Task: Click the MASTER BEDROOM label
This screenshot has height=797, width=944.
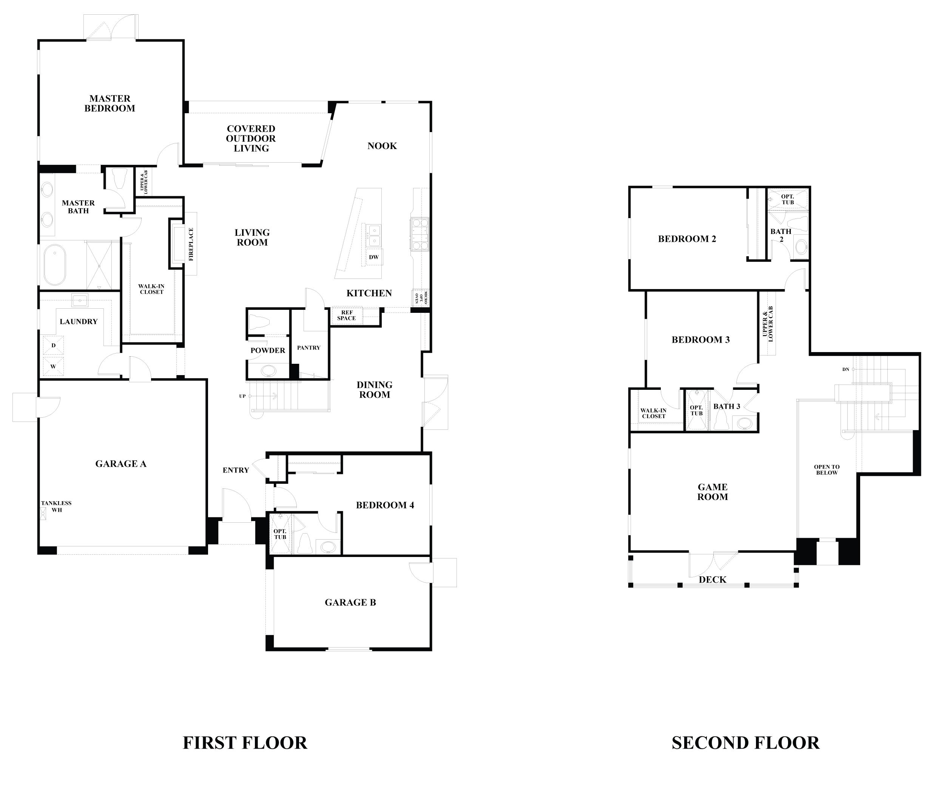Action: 110,103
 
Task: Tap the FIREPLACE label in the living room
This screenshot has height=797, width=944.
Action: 191,244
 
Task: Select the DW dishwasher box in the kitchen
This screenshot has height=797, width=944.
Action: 374,257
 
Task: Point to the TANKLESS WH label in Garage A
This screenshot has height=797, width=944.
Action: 56,506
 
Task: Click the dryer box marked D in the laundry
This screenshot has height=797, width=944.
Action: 53,346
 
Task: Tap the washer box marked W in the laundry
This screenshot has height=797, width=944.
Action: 53,366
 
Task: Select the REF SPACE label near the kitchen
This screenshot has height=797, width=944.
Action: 346,315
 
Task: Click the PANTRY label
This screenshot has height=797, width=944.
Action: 308,348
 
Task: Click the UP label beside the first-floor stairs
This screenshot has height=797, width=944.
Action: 242,396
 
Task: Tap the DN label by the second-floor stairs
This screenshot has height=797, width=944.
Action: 845,369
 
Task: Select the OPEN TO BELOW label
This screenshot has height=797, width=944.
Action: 827,470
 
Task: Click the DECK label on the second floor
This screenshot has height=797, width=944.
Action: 713,580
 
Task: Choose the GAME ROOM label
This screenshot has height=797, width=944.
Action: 713,492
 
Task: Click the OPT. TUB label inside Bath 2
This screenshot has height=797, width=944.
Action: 788,199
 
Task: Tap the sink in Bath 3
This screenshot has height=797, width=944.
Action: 745,424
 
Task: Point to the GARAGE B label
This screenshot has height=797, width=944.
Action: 350,602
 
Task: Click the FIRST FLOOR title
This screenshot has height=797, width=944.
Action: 245,742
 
